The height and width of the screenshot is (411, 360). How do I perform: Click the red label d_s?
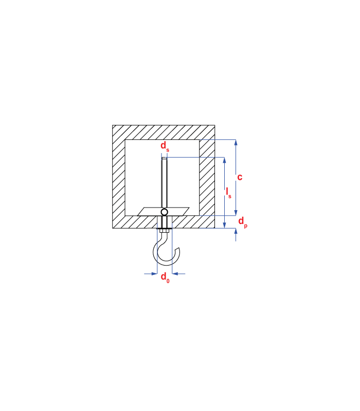coord(165,146)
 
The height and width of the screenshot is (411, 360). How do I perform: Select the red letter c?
coord(240,177)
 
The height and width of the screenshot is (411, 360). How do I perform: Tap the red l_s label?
coord(228,193)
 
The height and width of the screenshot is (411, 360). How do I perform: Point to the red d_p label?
coord(243,222)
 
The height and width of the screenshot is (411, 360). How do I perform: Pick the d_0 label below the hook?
coord(165,277)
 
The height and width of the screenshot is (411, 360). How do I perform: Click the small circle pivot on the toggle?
coord(164,212)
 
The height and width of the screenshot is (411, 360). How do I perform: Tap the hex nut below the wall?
coord(164,231)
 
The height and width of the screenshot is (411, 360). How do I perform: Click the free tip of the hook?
coord(178,249)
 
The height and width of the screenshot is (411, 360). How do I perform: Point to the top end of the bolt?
coord(164,158)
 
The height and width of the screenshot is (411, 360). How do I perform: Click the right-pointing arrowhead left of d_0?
coord(154,274)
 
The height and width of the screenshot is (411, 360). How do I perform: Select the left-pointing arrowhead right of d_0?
coord(175,274)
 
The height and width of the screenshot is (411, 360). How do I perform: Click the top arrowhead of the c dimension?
coord(236,142)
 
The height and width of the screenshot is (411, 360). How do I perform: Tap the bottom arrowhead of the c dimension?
coord(236,213)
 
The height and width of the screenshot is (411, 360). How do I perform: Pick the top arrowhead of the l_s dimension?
coord(224,160)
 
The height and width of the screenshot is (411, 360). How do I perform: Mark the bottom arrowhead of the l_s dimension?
coord(224,225)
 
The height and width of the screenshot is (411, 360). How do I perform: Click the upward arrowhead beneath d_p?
coord(236,231)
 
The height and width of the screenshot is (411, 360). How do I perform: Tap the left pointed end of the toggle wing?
coord(138,215)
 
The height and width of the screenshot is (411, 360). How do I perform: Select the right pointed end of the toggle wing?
coord(189,208)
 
